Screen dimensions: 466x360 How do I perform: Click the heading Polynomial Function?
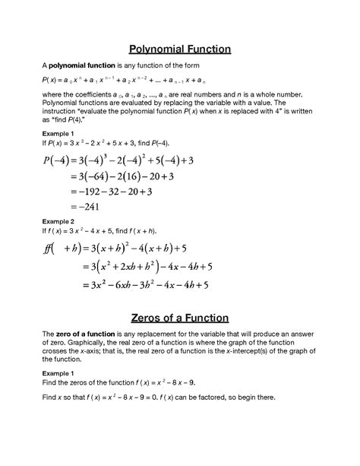(x=179, y=50)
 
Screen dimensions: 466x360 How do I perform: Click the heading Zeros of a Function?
(x=179, y=318)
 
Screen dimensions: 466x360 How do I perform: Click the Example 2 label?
(x=59, y=221)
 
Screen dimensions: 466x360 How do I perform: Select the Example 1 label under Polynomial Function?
(x=59, y=132)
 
